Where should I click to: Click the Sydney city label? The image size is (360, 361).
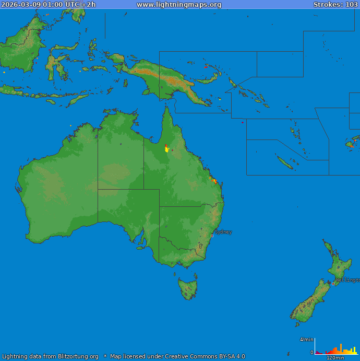click(223, 232)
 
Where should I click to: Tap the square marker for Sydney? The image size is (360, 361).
click(212, 236)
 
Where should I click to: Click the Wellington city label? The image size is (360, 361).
click(347, 280)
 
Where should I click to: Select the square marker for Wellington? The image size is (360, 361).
click(333, 284)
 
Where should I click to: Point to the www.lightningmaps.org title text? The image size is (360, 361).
click(179, 5)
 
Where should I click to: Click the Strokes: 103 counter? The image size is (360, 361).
click(335, 5)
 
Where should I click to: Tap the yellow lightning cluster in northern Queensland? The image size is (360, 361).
click(167, 149)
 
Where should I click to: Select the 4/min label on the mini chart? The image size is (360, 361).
click(307, 340)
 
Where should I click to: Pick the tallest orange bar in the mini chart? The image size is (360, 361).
click(341, 348)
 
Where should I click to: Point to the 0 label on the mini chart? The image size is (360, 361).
click(312, 353)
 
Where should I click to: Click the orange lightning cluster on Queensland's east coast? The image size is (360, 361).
click(214, 180)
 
